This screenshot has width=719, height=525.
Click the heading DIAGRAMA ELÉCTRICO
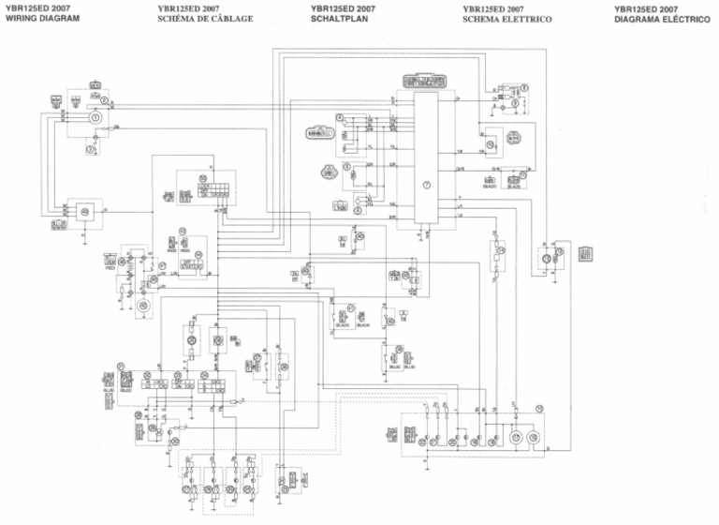tap(661, 19)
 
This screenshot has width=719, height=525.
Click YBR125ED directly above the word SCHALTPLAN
tap(336, 9)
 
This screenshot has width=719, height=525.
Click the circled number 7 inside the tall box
tap(426, 185)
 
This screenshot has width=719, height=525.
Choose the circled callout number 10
tap(490, 145)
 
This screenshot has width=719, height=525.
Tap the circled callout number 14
tap(501, 251)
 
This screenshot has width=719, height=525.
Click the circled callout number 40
tap(85, 212)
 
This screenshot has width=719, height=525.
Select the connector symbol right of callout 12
tap(585, 253)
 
